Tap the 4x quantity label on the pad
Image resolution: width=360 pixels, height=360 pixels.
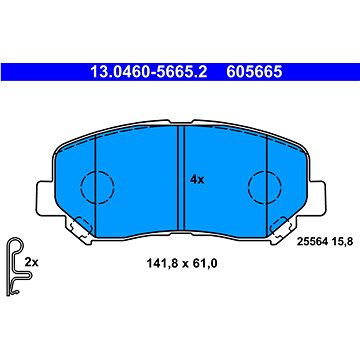(196, 181)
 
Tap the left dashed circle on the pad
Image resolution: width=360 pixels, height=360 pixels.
(97, 187)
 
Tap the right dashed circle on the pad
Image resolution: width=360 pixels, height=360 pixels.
(263, 187)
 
